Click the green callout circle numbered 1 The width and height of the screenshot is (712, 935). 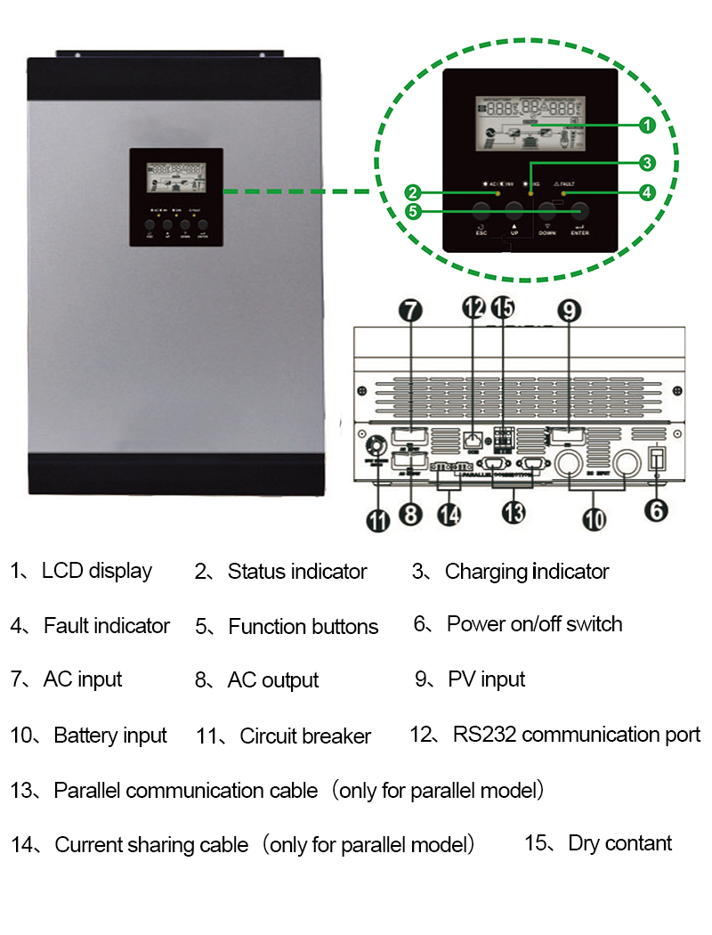[x=647, y=126]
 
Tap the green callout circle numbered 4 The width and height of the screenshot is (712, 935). [x=647, y=191]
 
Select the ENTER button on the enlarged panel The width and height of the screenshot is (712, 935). [x=581, y=211]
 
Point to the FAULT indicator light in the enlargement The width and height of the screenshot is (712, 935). [x=563, y=192]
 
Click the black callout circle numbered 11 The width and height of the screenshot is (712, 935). [x=379, y=520]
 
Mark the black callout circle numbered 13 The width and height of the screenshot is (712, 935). [x=514, y=511]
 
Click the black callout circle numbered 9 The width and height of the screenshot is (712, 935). [x=570, y=310]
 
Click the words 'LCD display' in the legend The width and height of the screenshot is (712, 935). [x=97, y=571]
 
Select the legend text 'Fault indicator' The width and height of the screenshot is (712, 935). [x=107, y=626]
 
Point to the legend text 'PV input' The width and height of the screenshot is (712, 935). [x=486, y=679]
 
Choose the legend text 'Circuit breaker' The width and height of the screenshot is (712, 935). [x=305, y=736]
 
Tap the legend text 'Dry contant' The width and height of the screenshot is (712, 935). [x=619, y=842]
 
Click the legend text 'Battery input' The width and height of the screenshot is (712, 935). [x=110, y=736]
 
